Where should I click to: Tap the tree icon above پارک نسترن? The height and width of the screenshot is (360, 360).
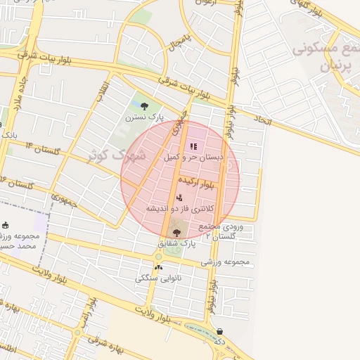144,106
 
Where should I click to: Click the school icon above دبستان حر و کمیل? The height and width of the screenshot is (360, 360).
193,146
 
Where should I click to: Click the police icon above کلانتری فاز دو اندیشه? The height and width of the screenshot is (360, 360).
180,198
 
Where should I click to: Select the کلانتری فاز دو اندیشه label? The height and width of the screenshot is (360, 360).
179,209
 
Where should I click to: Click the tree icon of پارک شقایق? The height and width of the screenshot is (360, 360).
176,233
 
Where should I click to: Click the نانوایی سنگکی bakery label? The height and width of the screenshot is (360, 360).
157,278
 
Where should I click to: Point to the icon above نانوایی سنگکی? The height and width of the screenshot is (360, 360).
157,267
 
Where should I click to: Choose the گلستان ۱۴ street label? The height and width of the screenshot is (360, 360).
40,148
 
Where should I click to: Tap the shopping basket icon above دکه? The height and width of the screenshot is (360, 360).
220,331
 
